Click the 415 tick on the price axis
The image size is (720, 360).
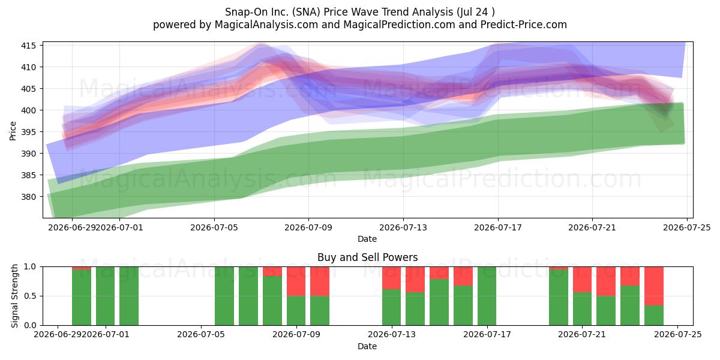coord(28,46)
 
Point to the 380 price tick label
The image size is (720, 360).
coord(28,197)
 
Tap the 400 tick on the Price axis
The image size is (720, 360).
coord(28,110)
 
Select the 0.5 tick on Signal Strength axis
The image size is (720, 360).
coord(30,296)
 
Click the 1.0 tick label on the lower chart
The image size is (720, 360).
coord(30,267)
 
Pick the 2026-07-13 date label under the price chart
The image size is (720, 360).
coord(403,227)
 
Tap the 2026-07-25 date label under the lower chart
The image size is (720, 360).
coord(678,335)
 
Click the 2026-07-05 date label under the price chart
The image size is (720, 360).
coord(214,227)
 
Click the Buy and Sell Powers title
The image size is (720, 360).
coord(367,257)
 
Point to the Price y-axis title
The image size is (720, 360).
coord(13,131)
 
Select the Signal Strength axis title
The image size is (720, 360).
coord(14,296)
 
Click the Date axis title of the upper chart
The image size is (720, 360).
coord(367,239)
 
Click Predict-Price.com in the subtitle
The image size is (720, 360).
coord(524,25)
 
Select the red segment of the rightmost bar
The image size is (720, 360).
coord(654,286)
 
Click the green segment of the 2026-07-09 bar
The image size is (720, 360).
coord(296,311)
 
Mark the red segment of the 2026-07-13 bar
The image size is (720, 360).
coord(391,278)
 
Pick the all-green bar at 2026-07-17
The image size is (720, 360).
coord(487,296)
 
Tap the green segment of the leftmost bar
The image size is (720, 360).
coord(82,298)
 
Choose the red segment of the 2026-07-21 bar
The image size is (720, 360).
coord(582,280)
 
